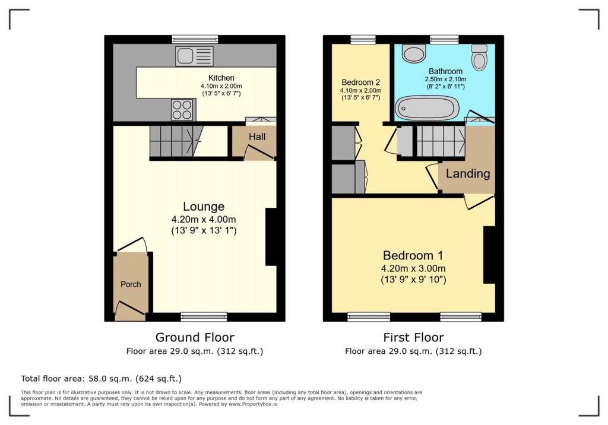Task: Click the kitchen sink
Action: [x=194, y=56]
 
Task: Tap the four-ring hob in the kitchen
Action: [x=182, y=110]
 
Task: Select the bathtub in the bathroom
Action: [x=427, y=108]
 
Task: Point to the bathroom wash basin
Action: [x=414, y=53]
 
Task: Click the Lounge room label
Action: [x=204, y=207]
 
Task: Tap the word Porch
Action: [x=131, y=284]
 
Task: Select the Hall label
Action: [x=257, y=137]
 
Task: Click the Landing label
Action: [x=468, y=173]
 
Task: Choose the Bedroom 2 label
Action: [x=360, y=82]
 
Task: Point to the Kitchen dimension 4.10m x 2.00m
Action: [x=221, y=86]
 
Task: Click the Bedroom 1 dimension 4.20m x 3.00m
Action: [x=413, y=268]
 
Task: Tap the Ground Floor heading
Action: [x=195, y=337]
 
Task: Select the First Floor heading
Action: [x=413, y=337]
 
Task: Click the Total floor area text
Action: [x=101, y=379]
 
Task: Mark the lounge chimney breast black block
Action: [x=271, y=237]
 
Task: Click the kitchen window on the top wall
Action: [x=195, y=39]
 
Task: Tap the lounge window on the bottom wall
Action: [x=204, y=317]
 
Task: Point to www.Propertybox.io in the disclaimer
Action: [x=253, y=404]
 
